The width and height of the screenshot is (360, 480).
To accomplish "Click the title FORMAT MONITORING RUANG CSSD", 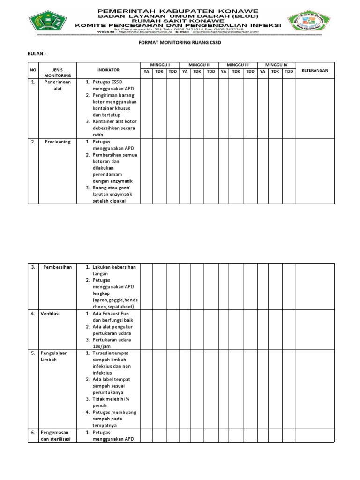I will [180, 42].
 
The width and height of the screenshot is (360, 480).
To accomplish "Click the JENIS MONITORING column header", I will [58, 72].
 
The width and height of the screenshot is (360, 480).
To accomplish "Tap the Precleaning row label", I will [58, 142].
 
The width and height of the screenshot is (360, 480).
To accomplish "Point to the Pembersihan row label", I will [58, 267].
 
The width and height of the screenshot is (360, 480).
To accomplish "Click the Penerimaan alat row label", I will [58, 85].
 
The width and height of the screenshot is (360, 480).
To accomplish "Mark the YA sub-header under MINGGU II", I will [185, 71].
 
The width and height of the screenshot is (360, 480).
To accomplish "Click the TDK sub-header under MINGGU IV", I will [275, 71].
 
